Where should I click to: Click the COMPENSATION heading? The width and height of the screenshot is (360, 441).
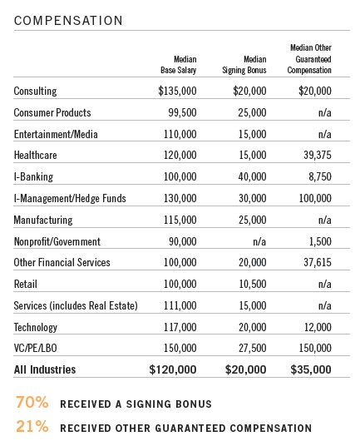68,21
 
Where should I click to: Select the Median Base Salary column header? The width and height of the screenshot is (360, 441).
179,65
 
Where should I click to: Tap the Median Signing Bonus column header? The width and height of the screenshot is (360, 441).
244,65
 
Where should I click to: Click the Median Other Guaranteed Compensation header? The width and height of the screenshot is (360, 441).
309,59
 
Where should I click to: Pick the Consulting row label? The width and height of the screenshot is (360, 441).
35,91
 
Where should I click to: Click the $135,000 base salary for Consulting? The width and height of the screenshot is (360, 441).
177,91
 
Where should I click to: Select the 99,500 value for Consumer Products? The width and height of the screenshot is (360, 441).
182,112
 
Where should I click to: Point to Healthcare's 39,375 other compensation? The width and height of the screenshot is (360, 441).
318,155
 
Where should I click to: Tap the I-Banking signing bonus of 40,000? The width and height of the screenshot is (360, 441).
253,176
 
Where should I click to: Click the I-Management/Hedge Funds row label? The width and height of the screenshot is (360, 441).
70,198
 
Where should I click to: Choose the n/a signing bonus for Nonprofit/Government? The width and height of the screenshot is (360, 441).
259,241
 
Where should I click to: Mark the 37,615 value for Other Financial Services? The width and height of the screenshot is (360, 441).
318,262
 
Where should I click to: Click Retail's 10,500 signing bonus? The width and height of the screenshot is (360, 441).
253,284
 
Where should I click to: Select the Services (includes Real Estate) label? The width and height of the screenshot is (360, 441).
76,305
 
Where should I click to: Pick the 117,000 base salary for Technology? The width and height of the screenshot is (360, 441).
180,327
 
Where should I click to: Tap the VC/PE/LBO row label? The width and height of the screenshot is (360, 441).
36,348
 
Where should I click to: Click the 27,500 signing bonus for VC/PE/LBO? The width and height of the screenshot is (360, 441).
253,348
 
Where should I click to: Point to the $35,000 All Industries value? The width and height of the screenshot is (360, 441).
311,369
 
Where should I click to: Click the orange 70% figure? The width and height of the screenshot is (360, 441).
32,402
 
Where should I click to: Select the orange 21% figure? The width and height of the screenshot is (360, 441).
32,426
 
